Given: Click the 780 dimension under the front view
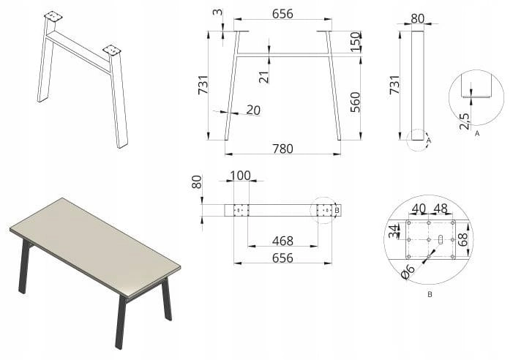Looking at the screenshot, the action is click(282, 149).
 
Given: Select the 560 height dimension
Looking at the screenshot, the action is click(355, 102).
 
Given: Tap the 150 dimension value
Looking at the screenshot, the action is click(355, 42).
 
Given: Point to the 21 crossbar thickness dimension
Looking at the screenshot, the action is click(264, 77).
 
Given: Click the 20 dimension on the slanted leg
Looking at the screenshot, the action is click(253, 110).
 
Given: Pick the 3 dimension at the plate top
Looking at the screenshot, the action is click(217, 12).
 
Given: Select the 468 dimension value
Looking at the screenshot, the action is click(282, 241).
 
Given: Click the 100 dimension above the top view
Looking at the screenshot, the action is click(240, 176).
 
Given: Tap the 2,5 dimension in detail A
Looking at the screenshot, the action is click(465, 121).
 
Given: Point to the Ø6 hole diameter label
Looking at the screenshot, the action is click(408, 271).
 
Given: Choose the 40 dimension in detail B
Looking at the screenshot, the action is click(419, 209).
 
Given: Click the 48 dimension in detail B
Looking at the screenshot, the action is click(441, 209).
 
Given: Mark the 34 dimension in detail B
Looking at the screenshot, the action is click(394, 230).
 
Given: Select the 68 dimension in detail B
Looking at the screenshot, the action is click(463, 239).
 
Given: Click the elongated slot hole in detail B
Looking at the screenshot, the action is click(441, 239).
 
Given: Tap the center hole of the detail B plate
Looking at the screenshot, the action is click(429, 240).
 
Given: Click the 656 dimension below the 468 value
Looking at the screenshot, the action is click(282, 258).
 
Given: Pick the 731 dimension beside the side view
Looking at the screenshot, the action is click(394, 85).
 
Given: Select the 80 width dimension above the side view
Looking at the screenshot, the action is click(417, 18).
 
